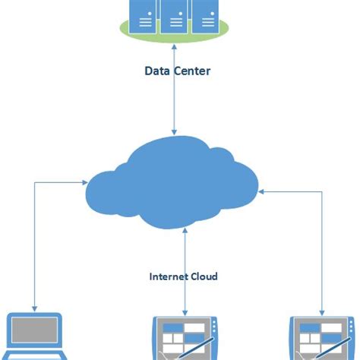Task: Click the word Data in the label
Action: click(157, 71)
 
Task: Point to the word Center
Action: click(191, 71)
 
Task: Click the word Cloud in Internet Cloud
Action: click(204, 276)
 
